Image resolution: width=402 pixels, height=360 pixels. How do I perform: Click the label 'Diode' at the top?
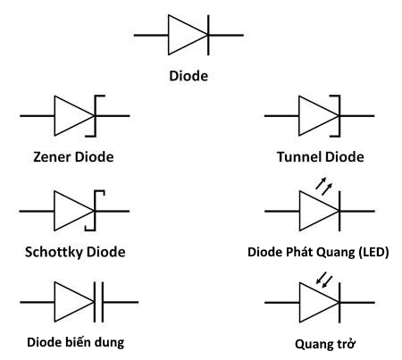coord(188,76)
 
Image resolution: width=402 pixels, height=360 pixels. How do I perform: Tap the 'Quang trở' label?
coord(318,343)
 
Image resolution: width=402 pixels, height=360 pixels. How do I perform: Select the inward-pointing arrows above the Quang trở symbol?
coord(329,280)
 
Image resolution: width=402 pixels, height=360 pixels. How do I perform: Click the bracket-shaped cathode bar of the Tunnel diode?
coord(340,116)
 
